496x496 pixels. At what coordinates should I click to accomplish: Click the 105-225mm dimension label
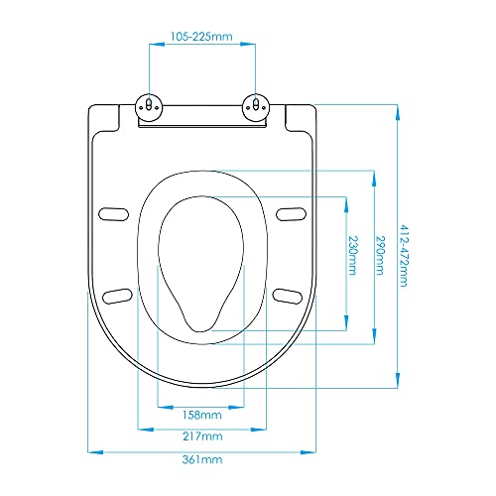tap(202, 37)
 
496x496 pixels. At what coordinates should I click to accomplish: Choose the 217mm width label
tap(202, 436)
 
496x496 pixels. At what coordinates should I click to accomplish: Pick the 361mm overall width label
tap(202, 460)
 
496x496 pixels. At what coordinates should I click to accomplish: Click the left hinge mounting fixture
tap(149, 106)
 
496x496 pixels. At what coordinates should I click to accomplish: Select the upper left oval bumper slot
tap(115, 211)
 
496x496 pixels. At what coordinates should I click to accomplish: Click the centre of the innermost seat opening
tap(202, 260)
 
